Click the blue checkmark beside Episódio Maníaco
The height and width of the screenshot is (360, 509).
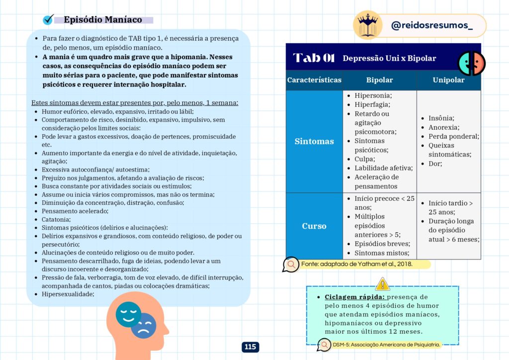click(48, 19)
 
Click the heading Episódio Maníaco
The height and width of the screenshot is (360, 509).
click(103, 20)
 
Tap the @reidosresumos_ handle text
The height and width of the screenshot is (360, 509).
click(431, 26)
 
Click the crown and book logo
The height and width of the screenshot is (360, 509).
click(368, 24)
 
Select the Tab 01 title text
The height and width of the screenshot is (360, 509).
click(314, 58)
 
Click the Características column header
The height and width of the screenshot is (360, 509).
click(314, 80)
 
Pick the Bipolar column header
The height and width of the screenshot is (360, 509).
click(379, 80)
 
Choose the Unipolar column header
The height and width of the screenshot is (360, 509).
click(448, 80)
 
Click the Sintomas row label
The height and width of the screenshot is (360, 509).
click(314, 141)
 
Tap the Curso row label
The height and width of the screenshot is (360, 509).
click(314, 226)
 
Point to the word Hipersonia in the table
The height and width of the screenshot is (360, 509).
click(373, 95)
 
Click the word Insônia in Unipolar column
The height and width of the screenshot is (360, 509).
click(441, 118)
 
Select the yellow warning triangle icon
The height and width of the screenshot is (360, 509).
click(382, 284)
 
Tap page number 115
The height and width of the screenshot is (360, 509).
click(251, 347)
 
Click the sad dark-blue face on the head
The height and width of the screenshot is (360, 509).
click(144, 326)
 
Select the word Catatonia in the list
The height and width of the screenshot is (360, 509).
click(56, 219)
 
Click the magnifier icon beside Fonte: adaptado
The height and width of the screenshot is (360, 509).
click(290, 264)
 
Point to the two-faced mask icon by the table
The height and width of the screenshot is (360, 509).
click(471, 63)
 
